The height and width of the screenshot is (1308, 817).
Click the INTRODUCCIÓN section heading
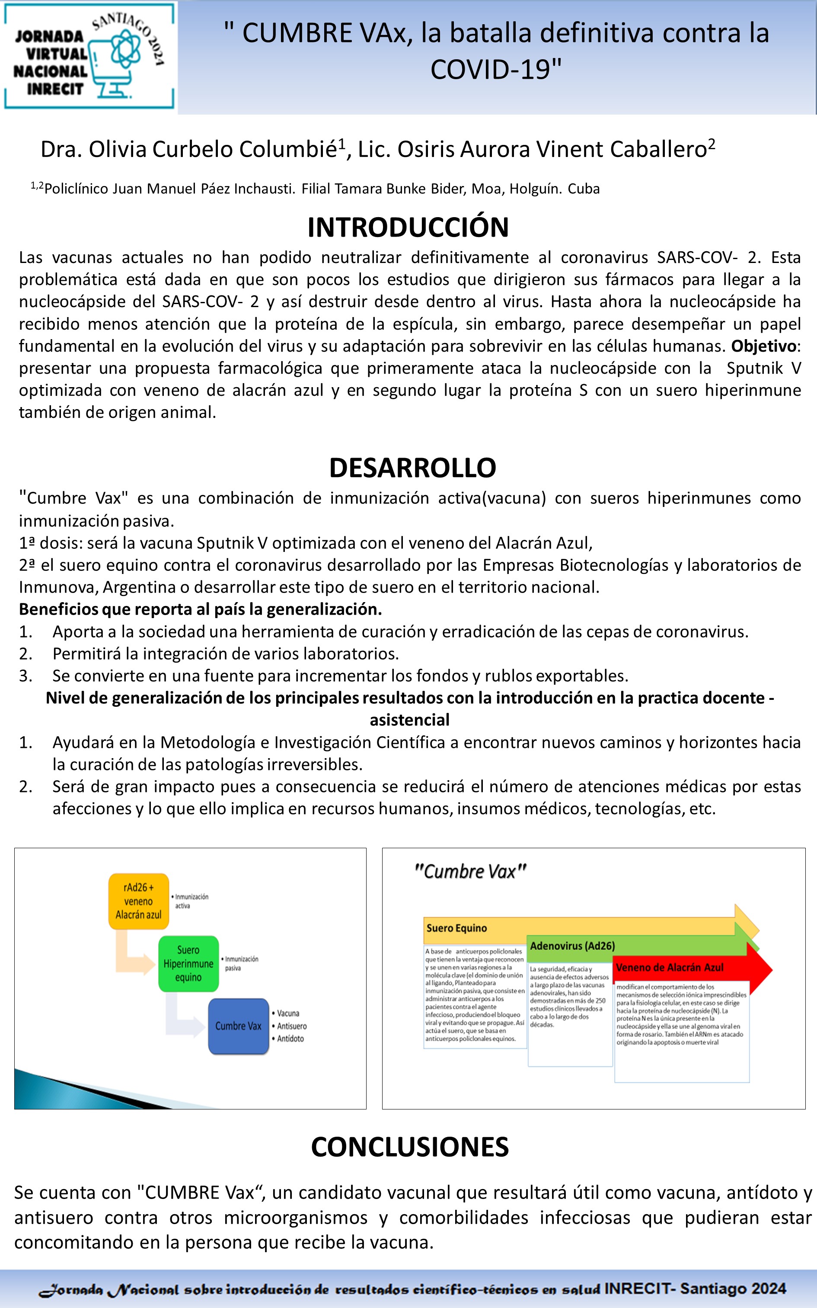pyautogui.click(x=408, y=228)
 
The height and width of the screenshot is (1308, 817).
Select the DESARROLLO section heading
pyautogui.click(x=412, y=468)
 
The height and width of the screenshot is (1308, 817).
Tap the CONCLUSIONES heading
pyautogui.click(x=410, y=1147)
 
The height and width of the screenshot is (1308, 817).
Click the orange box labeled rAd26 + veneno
pyautogui.click(x=138, y=901)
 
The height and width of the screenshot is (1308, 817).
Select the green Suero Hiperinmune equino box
pyautogui.click(x=188, y=964)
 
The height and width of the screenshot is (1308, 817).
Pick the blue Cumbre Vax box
pyautogui.click(x=238, y=1026)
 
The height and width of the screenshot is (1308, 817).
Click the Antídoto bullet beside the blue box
pyautogui.click(x=290, y=1038)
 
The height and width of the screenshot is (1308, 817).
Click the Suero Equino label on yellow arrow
pyautogui.click(x=456, y=928)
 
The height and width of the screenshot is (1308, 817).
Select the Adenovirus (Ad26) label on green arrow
pyautogui.click(x=572, y=946)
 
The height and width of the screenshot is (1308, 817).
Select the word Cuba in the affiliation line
pyautogui.click(x=584, y=189)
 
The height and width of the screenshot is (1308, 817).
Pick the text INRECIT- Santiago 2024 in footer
pyautogui.click(x=695, y=1289)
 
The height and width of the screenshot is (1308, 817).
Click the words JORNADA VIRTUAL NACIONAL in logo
pyautogui.click(x=50, y=54)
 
